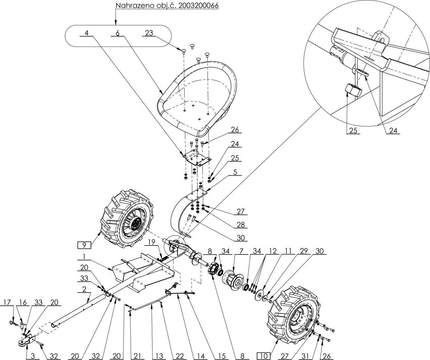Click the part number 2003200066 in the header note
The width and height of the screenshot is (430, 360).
pos(198,5)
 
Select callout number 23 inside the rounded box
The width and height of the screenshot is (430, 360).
pos(149,33)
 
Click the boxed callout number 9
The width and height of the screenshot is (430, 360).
pos(84,245)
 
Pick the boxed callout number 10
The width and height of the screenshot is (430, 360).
pos(264,356)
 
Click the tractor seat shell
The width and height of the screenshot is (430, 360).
pos(197,99)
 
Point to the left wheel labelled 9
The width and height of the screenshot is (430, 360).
pos(127,219)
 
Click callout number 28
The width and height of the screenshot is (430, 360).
pos(240,225)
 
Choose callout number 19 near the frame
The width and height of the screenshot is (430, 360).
pos(151,242)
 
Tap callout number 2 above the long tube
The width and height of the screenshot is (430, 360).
pos(84,289)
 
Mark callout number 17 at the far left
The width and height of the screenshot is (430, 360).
pos(7,302)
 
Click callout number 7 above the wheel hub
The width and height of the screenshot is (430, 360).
pos(241,251)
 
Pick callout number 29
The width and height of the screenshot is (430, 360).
pos(304,251)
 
